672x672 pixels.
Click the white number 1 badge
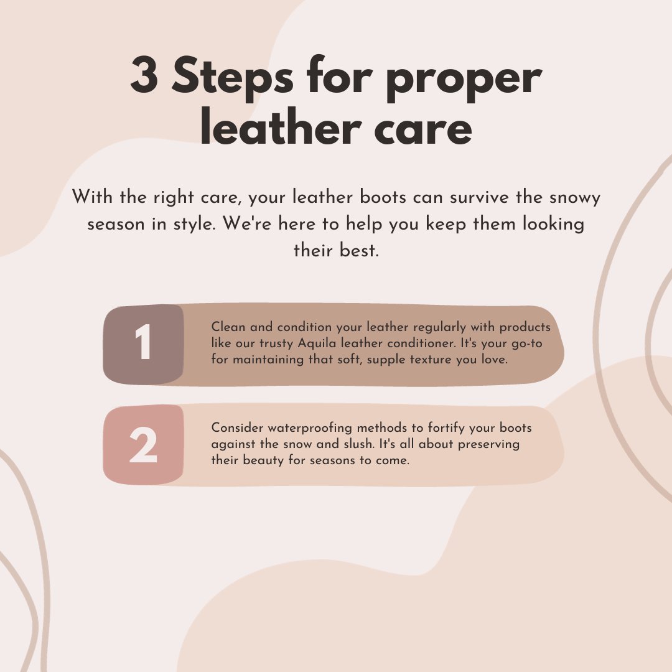coord(143,344)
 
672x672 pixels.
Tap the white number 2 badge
coord(143,446)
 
